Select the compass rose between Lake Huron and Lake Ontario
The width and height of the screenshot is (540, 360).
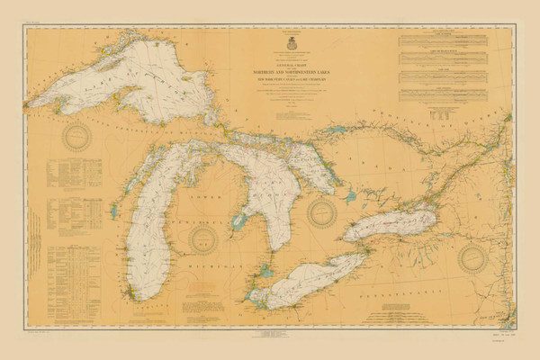[x=322, y=212]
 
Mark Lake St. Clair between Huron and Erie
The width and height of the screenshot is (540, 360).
[x=265, y=269]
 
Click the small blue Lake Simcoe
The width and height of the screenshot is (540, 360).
[x=349, y=195]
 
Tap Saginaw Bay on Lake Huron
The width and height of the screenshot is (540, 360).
[x=239, y=220]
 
